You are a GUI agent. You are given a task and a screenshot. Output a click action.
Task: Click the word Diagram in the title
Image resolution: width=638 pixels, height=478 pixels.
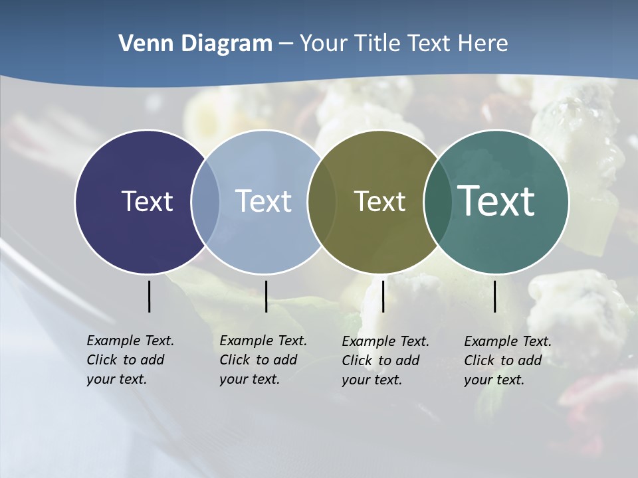(225, 44)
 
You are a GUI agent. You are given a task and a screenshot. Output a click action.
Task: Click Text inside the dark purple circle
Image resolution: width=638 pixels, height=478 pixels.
(147, 201)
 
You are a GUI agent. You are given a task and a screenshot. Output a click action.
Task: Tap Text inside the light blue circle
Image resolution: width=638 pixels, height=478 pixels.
(263, 201)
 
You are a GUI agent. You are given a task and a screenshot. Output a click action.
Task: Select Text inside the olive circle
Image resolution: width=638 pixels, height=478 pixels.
(379, 201)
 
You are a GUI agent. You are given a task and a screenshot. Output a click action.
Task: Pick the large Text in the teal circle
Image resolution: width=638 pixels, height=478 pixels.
(496, 200)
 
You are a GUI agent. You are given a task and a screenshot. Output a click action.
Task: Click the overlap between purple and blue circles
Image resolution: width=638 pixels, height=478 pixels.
(205, 201)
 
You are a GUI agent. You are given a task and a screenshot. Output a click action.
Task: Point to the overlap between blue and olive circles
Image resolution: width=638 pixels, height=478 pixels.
(322, 201)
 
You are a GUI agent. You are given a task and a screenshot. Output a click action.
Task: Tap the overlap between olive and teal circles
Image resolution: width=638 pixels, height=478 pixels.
(437, 201)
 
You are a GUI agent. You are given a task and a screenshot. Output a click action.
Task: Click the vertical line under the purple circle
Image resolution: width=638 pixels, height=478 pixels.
(150, 296)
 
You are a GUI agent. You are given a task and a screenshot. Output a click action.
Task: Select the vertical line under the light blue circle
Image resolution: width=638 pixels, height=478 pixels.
(266, 296)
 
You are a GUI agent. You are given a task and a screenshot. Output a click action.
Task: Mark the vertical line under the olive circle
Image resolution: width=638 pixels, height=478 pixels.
(383, 296)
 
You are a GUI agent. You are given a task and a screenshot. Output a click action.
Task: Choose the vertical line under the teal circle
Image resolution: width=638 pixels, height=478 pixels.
(495, 296)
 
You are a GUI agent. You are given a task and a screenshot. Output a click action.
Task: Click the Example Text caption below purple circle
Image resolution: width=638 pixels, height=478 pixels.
(130, 360)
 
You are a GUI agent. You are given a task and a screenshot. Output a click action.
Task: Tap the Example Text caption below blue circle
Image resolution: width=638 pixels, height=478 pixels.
(263, 360)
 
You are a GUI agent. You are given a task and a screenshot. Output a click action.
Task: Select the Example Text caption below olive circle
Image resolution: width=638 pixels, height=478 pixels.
(385, 360)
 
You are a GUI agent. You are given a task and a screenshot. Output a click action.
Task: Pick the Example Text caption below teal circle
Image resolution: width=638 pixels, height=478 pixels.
(508, 360)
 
